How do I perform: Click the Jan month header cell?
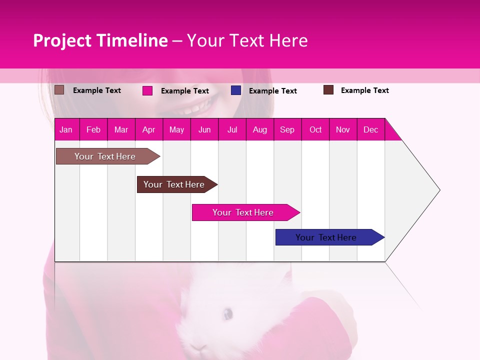click(66, 129)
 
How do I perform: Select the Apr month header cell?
click(149, 129)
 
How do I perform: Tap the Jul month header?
click(232, 129)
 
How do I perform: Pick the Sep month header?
click(287, 129)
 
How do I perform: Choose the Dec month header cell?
click(370, 129)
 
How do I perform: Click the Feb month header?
click(93, 129)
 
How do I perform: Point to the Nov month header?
click(343, 129)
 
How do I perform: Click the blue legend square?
click(236, 90)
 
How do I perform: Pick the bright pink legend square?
click(147, 90)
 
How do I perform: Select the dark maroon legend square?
click(328, 90)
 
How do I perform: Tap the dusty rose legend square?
click(59, 90)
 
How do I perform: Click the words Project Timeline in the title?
click(100, 40)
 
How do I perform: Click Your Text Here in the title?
click(247, 40)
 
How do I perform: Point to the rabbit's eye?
click(227, 314)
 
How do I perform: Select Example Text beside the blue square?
click(272, 91)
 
